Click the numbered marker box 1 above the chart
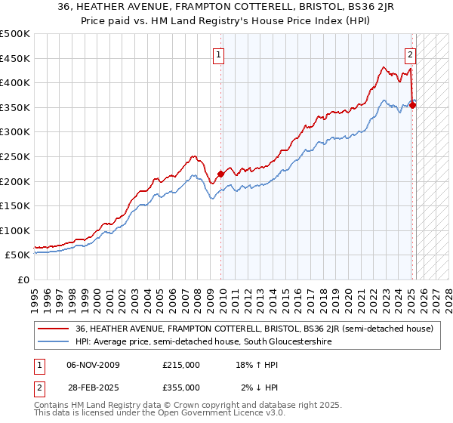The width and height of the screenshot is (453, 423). [218, 54]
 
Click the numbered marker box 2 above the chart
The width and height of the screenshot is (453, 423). [410, 54]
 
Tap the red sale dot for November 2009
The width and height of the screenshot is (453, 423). [220, 174]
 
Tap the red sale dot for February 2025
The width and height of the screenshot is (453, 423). [413, 105]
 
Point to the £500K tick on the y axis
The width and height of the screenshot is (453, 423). [15, 34]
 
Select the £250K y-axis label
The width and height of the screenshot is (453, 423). [15, 156]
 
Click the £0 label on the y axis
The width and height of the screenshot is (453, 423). [23, 279]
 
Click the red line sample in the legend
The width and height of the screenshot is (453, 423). [53, 329]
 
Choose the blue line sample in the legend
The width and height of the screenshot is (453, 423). [53, 342]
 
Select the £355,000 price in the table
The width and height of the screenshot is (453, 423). [181, 387]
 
